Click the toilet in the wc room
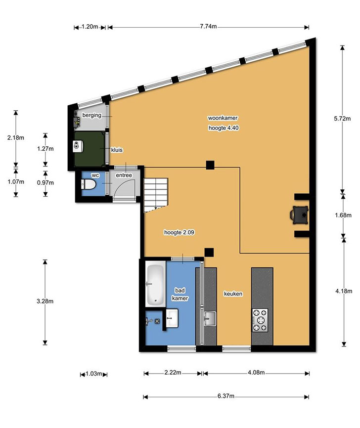click(88, 184)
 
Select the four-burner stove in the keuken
click(260, 320)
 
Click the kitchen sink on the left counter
click(210, 319)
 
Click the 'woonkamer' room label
click(223, 118)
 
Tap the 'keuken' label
click(233, 294)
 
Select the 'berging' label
click(92, 115)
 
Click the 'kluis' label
click(117, 150)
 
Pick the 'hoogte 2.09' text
click(179, 232)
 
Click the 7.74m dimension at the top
click(208, 27)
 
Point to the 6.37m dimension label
click(226, 396)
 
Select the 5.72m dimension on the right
click(342, 119)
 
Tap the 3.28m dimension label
click(45, 301)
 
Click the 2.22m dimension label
click(173, 373)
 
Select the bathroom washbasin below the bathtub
click(172, 318)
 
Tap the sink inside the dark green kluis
click(78, 146)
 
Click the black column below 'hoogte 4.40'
click(210, 165)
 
